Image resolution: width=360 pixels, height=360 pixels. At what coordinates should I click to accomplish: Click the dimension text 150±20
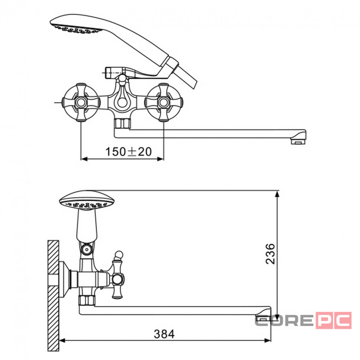coord(128,151)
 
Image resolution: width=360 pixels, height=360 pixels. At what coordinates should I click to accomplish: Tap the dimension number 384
coord(164,334)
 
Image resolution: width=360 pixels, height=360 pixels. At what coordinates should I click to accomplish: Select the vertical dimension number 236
coord(270,254)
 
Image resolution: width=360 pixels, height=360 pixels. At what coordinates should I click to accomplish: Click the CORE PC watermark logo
coord(303,320)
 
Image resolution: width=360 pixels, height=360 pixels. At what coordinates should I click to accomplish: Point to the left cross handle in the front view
coord(81,102)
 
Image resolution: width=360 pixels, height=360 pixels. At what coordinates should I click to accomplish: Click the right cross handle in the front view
coord(164,102)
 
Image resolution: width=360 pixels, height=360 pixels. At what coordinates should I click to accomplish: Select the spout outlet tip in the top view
coord(298,141)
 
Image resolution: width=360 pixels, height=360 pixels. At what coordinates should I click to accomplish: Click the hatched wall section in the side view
coord(53,296)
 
